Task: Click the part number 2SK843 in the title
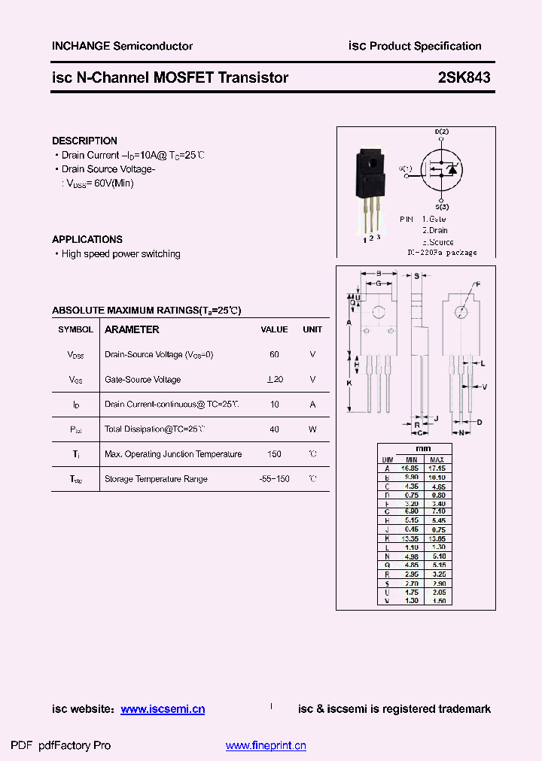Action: (x=464, y=77)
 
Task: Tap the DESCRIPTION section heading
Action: (x=84, y=141)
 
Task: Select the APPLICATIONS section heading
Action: (x=87, y=239)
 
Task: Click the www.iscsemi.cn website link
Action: (x=163, y=709)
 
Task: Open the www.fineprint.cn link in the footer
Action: (x=266, y=746)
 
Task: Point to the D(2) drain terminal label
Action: (x=442, y=133)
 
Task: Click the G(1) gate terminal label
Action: (x=406, y=168)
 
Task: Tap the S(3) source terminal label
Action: (x=442, y=206)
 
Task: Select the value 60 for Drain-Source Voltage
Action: (x=274, y=354)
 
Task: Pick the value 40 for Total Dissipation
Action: (x=274, y=429)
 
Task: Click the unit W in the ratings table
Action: (x=312, y=429)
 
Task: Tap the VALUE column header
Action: (x=274, y=329)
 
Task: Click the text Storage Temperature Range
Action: (x=156, y=479)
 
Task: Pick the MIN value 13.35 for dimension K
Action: (x=411, y=538)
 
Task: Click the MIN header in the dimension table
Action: (x=411, y=459)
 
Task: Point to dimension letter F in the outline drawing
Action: (x=477, y=284)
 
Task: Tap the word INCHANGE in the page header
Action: (x=81, y=46)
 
